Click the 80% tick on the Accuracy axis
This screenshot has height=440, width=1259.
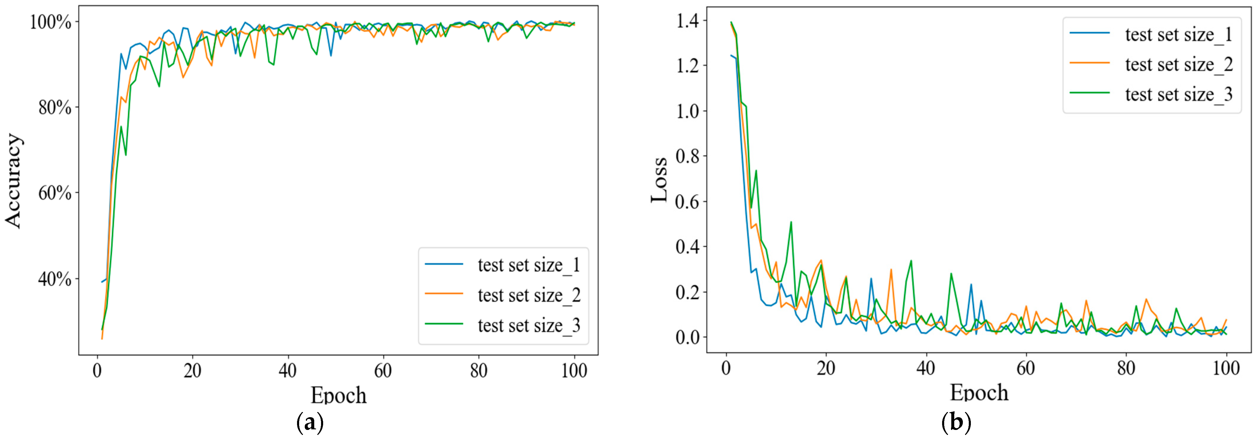pyautogui.click(x=55, y=107)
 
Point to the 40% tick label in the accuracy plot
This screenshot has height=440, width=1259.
pyautogui.click(x=55, y=279)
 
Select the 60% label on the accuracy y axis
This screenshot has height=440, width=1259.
pyautogui.click(x=55, y=193)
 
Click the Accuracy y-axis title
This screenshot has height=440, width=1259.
pyautogui.click(x=13, y=181)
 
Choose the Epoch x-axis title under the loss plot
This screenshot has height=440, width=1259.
pyautogui.click(x=979, y=392)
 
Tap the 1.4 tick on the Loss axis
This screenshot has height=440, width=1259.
pyautogui.click(x=688, y=20)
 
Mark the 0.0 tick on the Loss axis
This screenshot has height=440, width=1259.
pyautogui.click(x=688, y=337)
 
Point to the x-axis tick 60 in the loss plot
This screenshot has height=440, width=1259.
pyautogui.click(x=1025, y=368)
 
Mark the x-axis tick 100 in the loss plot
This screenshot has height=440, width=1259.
pyautogui.click(x=1226, y=368)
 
